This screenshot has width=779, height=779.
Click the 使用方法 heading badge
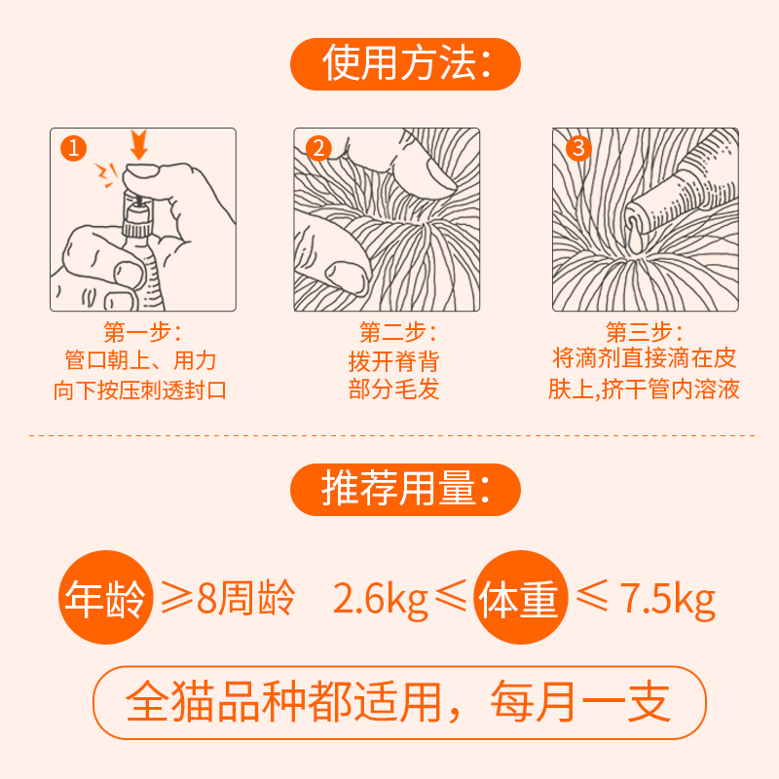405,64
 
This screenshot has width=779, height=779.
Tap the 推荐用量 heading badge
405,490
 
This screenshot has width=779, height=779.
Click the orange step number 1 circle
74,148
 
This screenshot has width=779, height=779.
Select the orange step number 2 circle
318,148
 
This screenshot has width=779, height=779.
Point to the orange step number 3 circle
578,148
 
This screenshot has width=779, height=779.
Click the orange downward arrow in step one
138,144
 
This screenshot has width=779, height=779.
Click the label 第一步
142,331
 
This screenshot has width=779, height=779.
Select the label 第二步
397,331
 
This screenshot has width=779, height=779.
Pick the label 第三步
644,331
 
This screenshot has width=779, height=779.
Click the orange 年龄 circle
106,597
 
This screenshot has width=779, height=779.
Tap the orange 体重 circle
520,597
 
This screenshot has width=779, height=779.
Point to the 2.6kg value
380,600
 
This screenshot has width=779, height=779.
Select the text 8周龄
246,598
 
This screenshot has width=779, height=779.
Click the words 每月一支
580,702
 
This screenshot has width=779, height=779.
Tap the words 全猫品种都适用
283,702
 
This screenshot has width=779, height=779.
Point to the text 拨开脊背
393,361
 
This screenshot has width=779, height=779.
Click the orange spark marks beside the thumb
106,175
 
